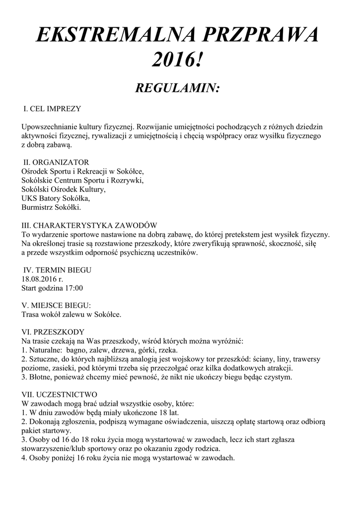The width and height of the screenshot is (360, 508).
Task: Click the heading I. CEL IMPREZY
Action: coord(53,108)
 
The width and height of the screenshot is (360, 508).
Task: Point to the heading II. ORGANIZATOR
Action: coord(57,162)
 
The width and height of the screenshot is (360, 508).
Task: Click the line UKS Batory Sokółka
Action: coord(55,198)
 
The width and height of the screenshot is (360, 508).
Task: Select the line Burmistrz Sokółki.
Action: coord(51,207)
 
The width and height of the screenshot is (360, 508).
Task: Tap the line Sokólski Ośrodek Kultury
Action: coord(63,190)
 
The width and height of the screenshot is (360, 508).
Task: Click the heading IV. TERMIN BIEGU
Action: coord(58,270)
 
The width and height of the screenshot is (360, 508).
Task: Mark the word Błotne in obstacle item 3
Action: coord(39,378)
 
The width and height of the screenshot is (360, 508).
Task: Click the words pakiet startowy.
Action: coord(44,431)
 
